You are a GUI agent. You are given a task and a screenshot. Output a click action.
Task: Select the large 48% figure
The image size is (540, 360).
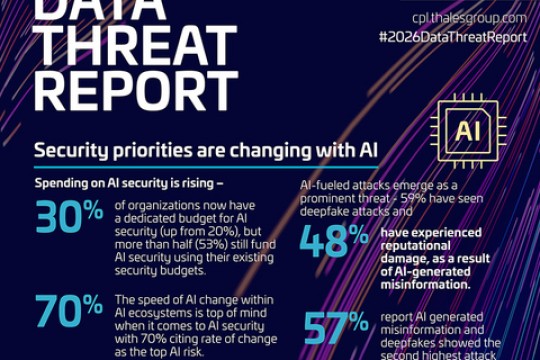pyautogui.click(x=334, y=241)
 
